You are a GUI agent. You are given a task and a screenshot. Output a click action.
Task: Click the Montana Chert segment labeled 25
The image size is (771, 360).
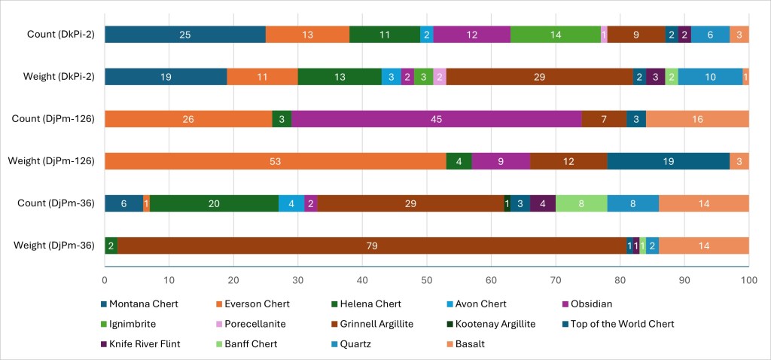pyautogui.click(x=184, y=35)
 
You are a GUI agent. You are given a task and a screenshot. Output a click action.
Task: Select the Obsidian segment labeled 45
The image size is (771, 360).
pyautogui.click(x=437, y=119)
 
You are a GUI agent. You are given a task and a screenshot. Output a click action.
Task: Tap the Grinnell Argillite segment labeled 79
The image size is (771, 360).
pyautogui.click(x=372, y=246)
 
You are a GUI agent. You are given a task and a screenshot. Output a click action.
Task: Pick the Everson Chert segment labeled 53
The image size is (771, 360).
pyautogui.click(x=275, y=161)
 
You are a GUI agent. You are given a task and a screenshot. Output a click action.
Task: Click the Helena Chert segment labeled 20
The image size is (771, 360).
pyautogui.click(x=214, y=203)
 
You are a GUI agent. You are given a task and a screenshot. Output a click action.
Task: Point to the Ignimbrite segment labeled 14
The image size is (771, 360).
pyautogui.click(x=556, y=35)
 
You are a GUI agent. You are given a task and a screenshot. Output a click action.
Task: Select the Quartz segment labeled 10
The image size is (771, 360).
pyautogui.click(x=710, y=77)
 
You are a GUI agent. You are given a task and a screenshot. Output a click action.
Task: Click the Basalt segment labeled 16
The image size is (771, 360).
pyautogui.click(x=697, y=119)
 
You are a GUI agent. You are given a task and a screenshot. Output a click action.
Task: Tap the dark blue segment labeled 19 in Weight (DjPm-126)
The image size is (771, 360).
pyautogui.click(x=668, y=161)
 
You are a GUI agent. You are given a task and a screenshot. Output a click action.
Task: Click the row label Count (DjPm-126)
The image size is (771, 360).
pyautogui.click(x=58, y=119)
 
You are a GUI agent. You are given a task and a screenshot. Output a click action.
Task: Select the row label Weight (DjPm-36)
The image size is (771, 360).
pyautogui.click(x=59, y=246)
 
